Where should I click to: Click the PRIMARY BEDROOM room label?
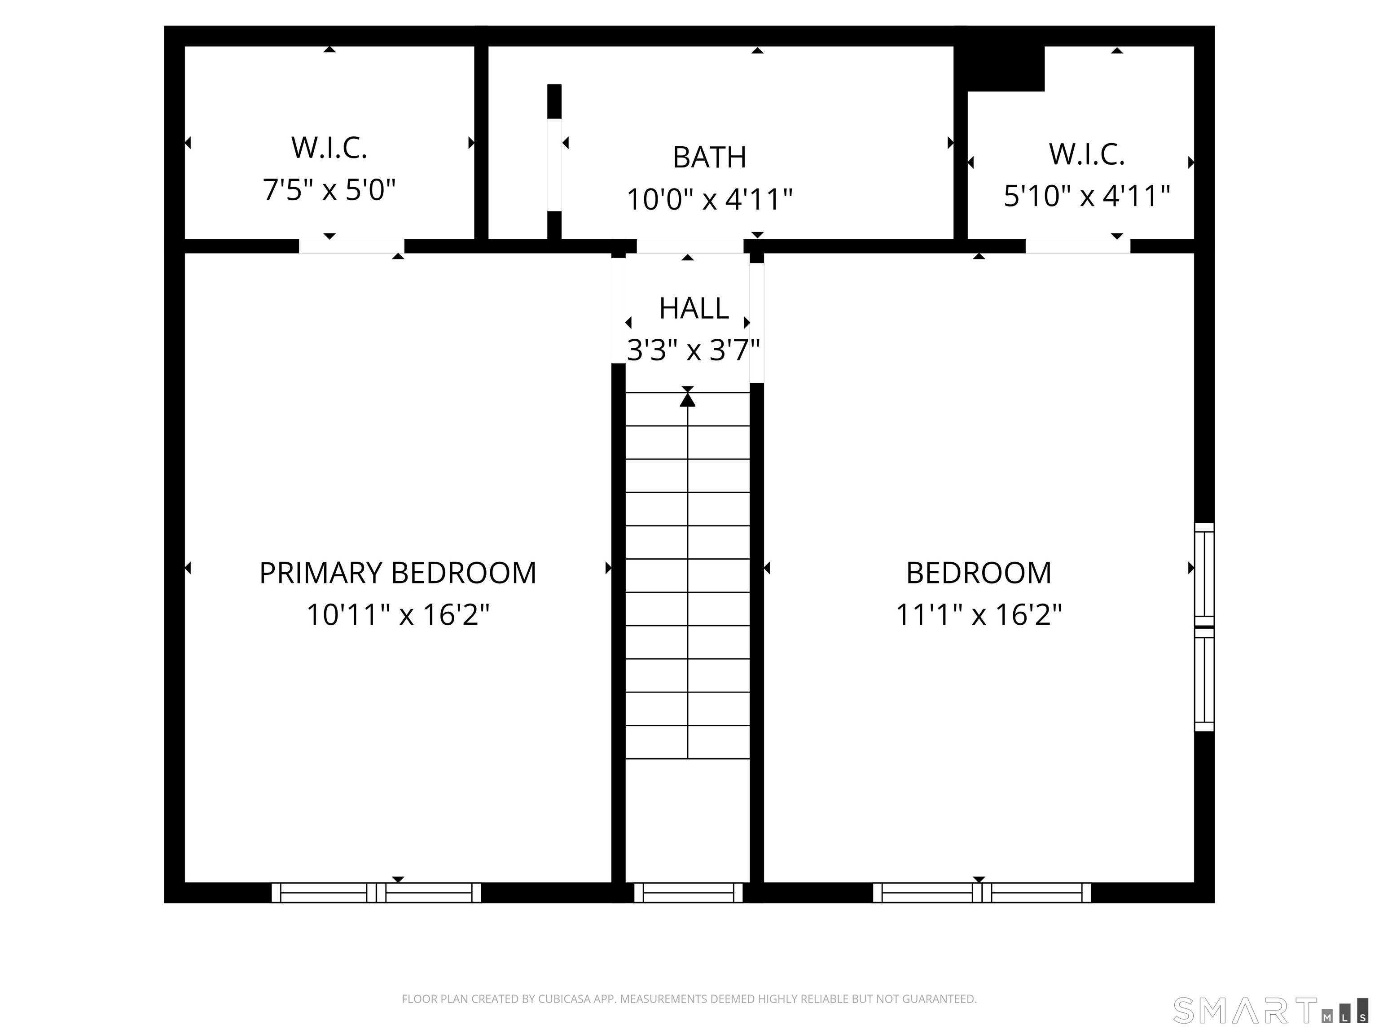398,573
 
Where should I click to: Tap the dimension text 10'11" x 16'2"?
398,614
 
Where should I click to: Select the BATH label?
709,157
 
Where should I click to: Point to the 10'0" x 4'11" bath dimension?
709,199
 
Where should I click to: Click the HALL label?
694,308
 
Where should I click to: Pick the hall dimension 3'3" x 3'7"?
693,350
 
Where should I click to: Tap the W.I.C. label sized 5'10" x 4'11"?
1087,154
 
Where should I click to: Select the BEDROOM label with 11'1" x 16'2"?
979,573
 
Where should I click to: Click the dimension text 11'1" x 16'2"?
979,614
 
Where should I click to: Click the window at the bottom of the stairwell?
688,893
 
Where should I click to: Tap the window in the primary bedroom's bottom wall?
376,893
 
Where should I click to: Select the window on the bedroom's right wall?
1204,627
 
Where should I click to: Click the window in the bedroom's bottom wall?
982,893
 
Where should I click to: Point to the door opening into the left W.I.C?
351,246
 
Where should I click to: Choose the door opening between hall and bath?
689,246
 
